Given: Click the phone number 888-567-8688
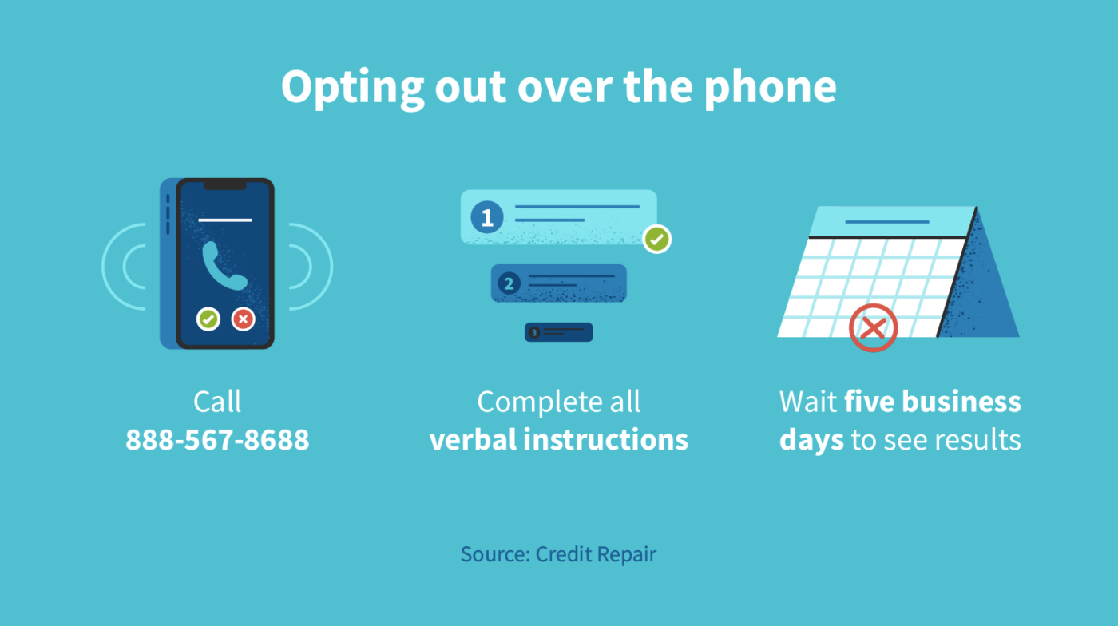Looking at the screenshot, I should tap(217, 440).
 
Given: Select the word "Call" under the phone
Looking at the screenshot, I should tap(217, 402).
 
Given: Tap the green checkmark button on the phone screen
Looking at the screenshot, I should tap(208, 319).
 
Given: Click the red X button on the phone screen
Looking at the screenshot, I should tap(244, 319).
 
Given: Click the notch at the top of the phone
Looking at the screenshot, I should tap(224, 185).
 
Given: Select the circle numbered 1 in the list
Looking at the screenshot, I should tap(486, 217).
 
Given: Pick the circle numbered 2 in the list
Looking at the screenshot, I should tap(509, 283).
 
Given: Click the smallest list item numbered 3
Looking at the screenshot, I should tap(558, 332).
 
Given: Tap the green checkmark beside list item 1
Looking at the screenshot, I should tap(657, 238).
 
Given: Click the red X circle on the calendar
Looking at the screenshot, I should tap(873, 327).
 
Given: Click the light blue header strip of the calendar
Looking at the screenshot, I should tap(890, 221).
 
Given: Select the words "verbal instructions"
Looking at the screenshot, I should tap(558, 440).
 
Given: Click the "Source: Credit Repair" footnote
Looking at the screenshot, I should tap(558, 554).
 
